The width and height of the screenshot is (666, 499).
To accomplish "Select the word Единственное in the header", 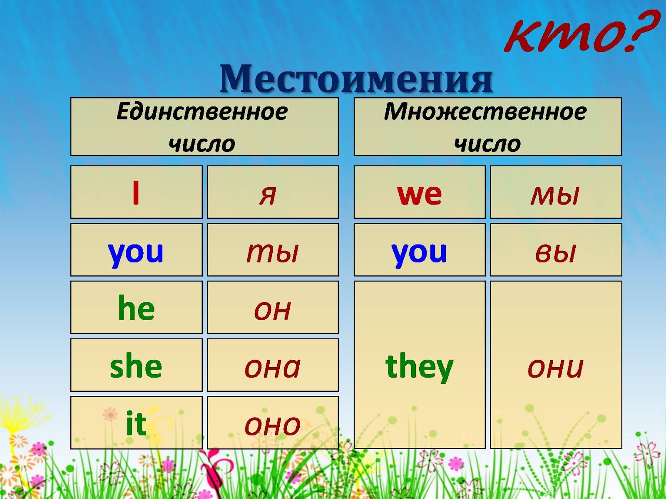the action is pos(202,111).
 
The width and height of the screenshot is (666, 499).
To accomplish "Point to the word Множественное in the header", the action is pos(485,111).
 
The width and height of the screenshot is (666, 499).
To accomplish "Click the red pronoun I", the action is pos(136,193).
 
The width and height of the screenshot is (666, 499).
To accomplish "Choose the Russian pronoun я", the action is pos(268,195).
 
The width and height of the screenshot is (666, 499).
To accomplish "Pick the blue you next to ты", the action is pos(136,254).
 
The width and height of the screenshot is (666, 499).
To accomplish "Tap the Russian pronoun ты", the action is pos(273,253).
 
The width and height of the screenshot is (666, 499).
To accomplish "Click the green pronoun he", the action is pos(136,307).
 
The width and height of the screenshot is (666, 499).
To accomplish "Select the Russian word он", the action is pos(273,310).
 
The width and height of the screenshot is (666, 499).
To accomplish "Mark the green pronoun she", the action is pos(136,365).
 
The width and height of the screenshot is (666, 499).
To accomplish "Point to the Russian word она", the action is pos(273,368).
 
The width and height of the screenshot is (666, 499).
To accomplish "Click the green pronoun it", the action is pos(136,423).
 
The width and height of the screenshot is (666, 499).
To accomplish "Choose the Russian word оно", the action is pos(273,426).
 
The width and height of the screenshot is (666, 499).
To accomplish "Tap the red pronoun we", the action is pos(419,195).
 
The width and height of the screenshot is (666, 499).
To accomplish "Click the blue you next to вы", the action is pos(419,254).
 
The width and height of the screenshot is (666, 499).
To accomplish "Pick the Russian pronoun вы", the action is pos(555,253).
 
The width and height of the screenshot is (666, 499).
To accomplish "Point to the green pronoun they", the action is pos(419,367).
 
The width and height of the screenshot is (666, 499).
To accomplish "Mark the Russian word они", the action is pos(556,368).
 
